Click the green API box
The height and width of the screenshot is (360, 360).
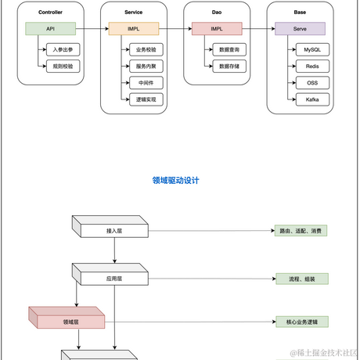pos(50,29)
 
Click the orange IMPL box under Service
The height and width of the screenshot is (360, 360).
pos(133,29)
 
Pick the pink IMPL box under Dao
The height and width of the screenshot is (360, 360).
pos(217,29)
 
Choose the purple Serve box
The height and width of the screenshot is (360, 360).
pos(299,29)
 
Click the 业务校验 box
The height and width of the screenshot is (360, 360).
pos(146,49)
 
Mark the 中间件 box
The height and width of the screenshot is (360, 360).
pos(146,82)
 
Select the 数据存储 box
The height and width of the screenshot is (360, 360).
pos(228,67)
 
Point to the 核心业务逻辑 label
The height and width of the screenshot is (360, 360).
pos(302,321)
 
